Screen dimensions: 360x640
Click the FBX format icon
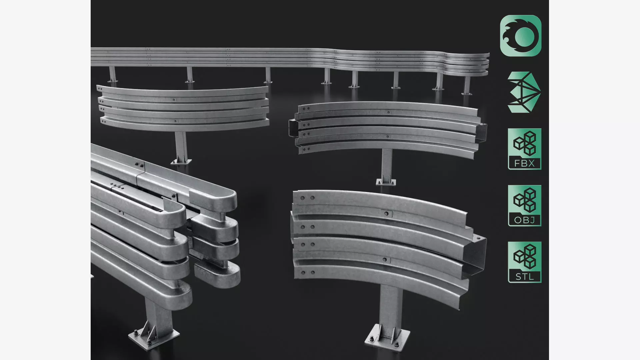coord(524,149)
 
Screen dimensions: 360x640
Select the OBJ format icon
coord(524,206)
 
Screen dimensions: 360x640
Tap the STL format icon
coord(524,262)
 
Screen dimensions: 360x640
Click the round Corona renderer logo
coord(520,36)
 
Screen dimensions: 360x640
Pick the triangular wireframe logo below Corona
coord(524,92)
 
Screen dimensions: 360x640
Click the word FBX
coord(524,163)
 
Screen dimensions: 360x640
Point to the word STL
coord(524,277)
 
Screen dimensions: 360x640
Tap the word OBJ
coord(524,220)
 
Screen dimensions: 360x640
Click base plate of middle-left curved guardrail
coord(181,162)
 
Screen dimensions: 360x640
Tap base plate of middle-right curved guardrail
coord(386,182)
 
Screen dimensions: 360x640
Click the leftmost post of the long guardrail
coord(112,74)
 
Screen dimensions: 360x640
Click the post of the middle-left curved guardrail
coord(180,145)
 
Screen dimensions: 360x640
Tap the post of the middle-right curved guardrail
coord(387,165)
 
